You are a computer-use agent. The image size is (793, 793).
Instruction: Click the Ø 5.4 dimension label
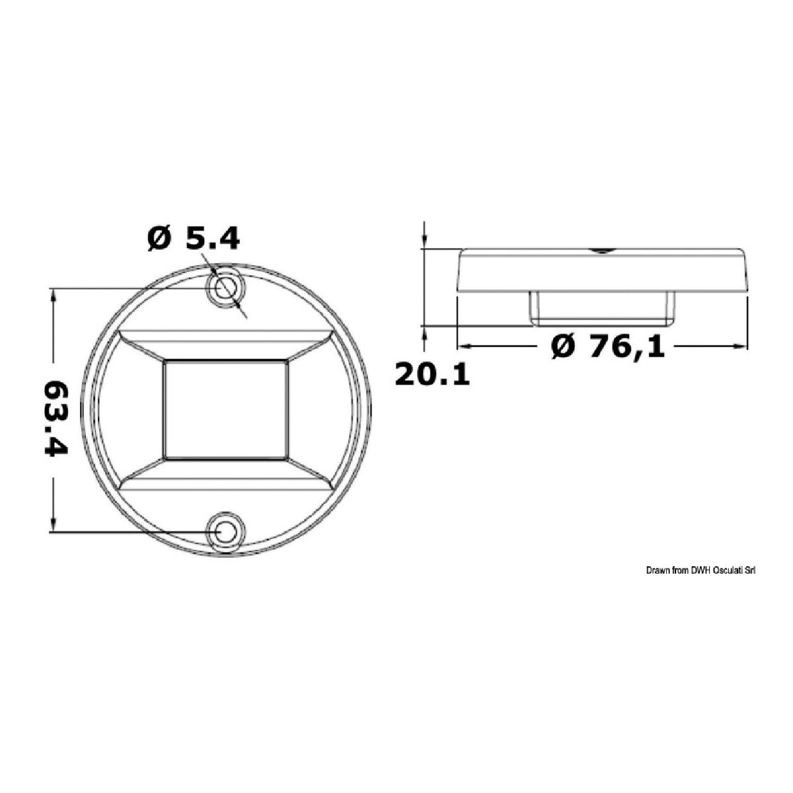coord(193,239)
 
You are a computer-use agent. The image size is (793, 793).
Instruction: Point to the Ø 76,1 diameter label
coord(607,346)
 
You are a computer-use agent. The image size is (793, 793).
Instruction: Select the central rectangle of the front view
coord(225,410)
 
